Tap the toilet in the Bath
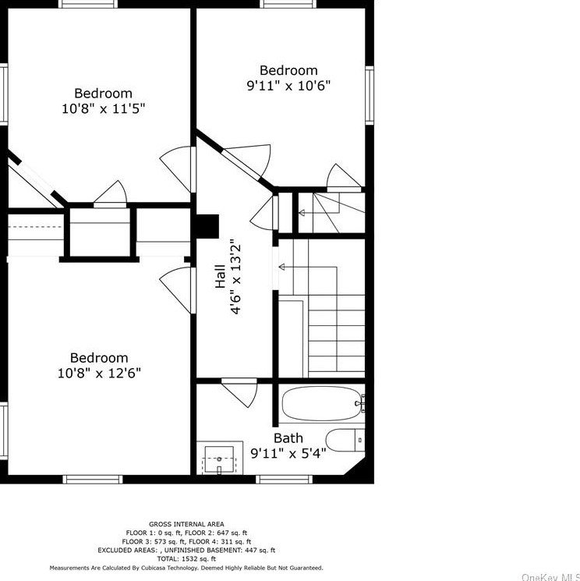(345, 440)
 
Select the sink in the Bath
(219, 460)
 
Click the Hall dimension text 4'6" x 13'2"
(236, 279)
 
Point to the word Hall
(220, 276)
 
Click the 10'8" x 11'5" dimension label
(104, 109)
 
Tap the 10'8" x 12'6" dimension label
(99, 373)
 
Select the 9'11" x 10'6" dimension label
(288, 86)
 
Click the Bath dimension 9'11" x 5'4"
(288, 453)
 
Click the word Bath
(288, 438)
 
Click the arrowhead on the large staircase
(281, 267)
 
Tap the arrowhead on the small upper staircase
(302, 213)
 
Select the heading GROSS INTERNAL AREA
(186, 524)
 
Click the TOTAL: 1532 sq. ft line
(186, 558)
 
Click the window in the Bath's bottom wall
(285, 480)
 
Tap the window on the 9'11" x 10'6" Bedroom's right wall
(370, 95)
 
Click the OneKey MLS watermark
(550, 577)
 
